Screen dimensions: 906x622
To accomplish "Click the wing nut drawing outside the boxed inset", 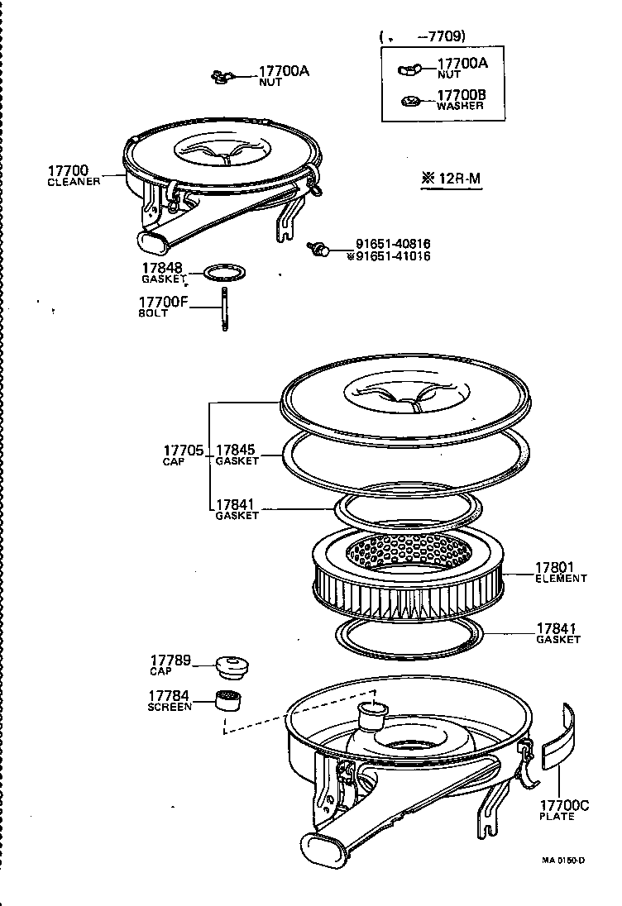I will click(x=220, y=78).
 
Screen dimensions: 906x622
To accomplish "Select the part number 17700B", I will click(x=461, y=95).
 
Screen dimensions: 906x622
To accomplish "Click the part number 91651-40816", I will click(x=393, y=244).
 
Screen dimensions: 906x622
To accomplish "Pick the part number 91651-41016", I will click(x=393, y=256).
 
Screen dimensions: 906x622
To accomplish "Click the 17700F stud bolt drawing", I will click(x=223, y=309).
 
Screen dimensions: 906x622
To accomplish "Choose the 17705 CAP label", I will click(x=183, y=455).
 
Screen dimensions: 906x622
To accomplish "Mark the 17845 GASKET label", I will click(x=237, y=455).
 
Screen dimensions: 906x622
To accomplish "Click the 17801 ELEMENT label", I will click(x=560, y=573).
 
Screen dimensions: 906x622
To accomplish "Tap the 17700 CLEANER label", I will click(x=74, y=174).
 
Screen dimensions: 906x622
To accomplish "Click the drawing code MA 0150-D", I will click(x=563, y=860).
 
